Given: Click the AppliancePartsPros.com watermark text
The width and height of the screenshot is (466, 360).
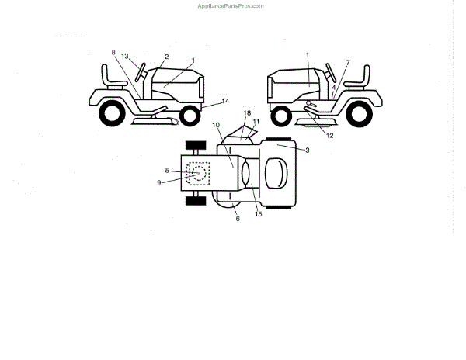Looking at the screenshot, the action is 232,5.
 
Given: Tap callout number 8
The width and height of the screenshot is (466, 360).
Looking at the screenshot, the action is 113,53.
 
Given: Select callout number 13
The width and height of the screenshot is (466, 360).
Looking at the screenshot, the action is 125,58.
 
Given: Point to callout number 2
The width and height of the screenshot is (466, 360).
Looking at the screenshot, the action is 166,57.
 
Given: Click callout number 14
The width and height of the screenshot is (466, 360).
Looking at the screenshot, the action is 225,102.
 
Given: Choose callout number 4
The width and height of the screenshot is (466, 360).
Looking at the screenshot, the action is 333,88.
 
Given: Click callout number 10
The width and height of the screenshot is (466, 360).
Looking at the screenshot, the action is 216,125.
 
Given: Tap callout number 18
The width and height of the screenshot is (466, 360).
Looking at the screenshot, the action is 247,113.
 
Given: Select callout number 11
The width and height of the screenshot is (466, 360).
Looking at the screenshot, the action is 256,122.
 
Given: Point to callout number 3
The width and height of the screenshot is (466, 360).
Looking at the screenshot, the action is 308,150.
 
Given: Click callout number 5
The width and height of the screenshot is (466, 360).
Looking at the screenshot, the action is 167,170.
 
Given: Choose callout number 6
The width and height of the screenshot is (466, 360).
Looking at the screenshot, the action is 238,219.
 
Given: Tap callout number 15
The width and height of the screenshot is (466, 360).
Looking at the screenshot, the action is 259,214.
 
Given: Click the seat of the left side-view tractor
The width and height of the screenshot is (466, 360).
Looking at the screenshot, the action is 113,81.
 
